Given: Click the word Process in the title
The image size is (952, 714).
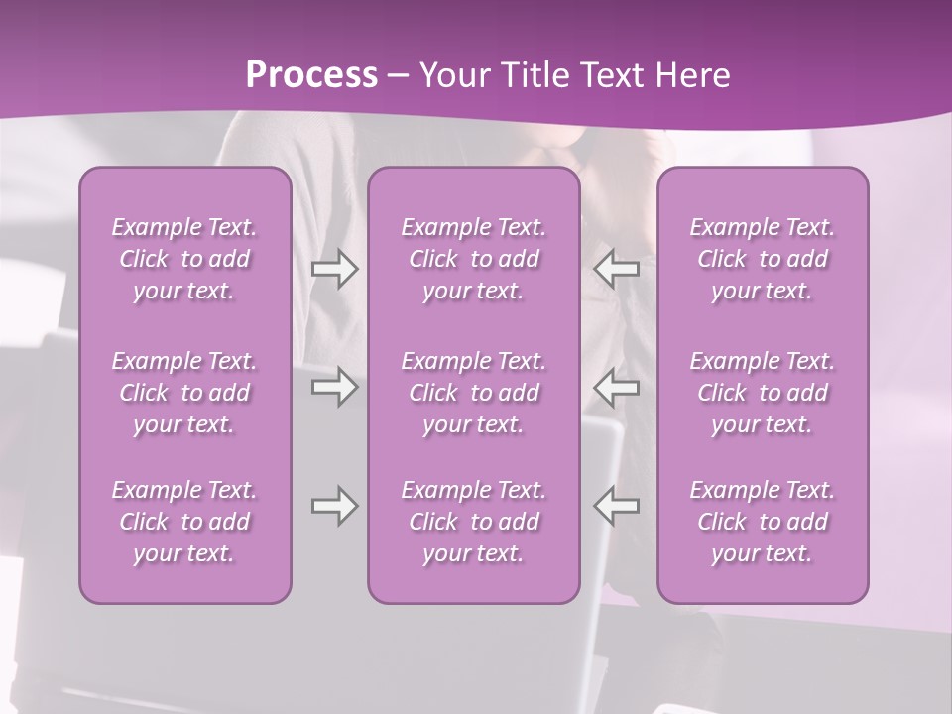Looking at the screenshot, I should pos(311,75).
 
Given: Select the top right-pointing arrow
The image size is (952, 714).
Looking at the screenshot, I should pos(334,269).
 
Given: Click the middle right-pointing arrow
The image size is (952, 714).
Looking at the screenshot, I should pos(334,387).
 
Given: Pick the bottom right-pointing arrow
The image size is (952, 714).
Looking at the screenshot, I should pos(334,506).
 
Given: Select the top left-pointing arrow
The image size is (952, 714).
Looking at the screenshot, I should pos(617,269).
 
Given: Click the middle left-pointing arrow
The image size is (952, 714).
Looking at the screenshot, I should pos(617,387).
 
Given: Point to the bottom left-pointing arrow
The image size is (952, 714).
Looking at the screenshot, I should pos(617,506).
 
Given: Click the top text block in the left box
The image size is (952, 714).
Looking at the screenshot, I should pos(184,259).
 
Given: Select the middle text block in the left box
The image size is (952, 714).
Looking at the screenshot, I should pos(184,393).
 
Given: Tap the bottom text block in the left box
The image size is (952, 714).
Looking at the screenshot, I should pos(184,522).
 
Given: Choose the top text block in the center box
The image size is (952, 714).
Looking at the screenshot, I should pos(473,259).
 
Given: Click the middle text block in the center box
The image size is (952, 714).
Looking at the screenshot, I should pos(473,393).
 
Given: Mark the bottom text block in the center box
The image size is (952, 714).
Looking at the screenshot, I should pos(473,522).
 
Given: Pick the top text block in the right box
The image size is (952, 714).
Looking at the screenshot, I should pos(763,259).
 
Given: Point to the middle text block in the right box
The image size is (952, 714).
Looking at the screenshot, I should pos(763,393).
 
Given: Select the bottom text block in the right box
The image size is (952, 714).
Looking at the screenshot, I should pos(763,522).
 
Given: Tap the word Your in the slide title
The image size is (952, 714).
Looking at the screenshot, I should pos(452,75).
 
